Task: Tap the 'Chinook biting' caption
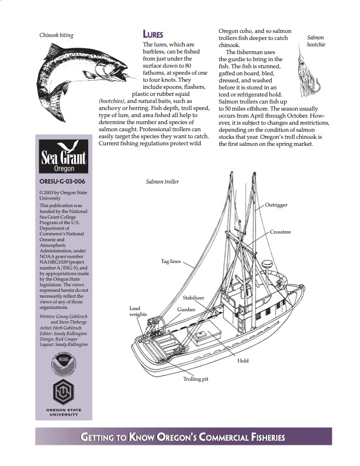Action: (x=56, y=35)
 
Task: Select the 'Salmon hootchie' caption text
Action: (x=316, y=41)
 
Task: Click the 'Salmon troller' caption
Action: (x=162, y=182)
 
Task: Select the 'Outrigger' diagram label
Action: (x=276, y=205)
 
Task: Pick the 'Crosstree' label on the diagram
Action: (x=280, y=232)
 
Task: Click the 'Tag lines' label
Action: (x=171, y=261)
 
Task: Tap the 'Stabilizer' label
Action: (x=193, y=298)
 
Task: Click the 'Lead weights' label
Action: (x=138, y=311)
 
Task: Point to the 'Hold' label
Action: (x=243, y=360)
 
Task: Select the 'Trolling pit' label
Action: (x=195, y=379)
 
